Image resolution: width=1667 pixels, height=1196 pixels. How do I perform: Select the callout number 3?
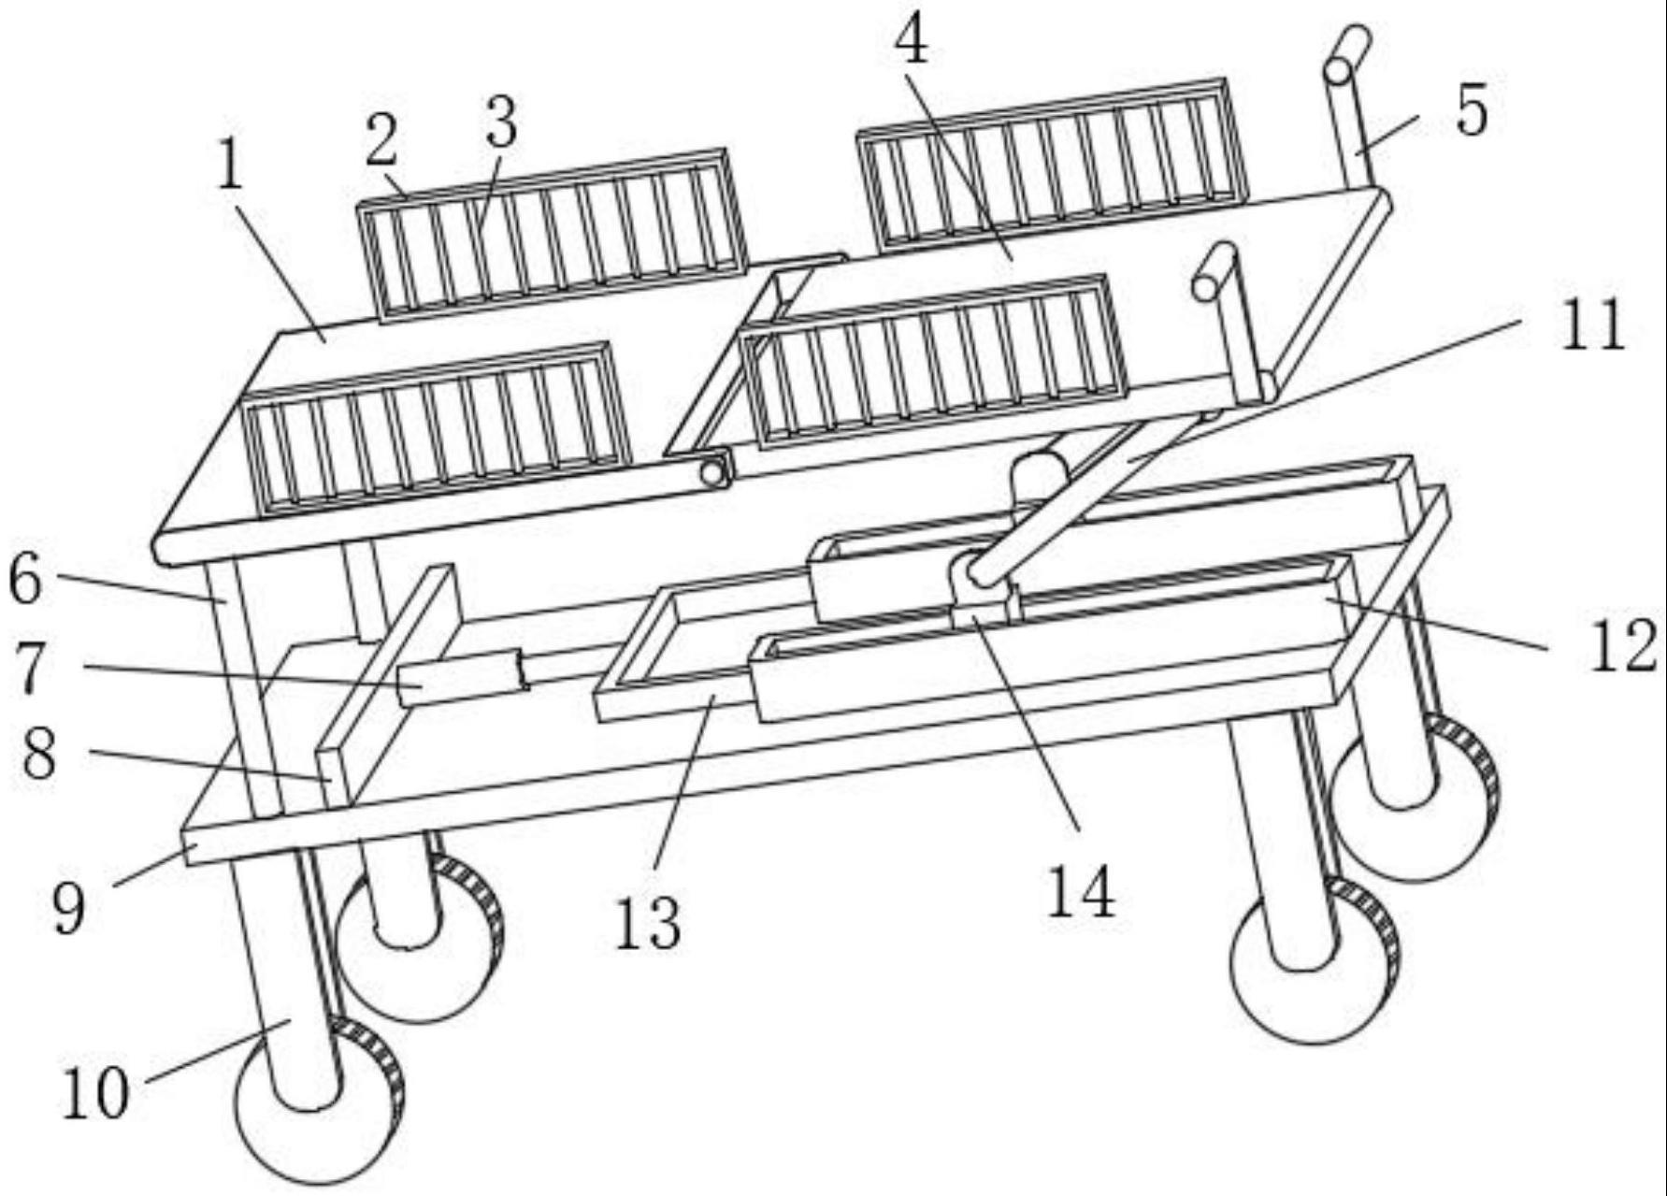501,122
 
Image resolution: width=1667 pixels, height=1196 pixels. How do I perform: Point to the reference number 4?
912,42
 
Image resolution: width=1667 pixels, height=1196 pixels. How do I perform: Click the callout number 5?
1472,111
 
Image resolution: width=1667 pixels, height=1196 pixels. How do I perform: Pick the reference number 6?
25,579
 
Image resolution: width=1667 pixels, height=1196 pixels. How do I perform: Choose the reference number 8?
38,755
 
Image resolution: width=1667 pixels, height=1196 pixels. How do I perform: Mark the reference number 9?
68,908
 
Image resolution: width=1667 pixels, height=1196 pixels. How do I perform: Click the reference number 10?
94,1093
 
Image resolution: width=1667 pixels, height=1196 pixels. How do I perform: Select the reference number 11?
1591,326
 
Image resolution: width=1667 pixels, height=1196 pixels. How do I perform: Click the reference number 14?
1081,891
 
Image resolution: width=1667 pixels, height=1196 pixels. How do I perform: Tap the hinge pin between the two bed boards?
714,471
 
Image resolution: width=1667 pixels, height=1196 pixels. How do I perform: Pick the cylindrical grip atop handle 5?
1347,56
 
